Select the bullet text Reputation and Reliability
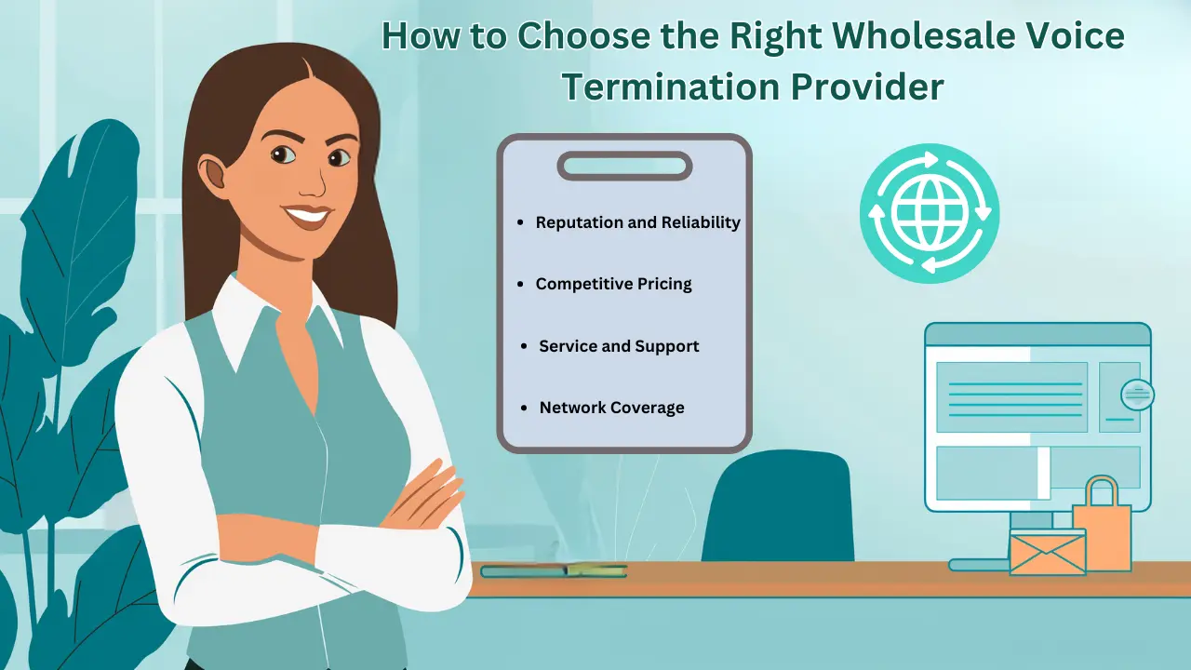click(637, 222)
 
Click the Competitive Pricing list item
click(613, 284)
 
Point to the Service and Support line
click(619, 346)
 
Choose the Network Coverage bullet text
click(611, 408)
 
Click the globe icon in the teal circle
click(929, 213)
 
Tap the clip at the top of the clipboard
click(624, 167)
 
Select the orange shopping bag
click(1103, 530)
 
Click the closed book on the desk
click(554, 570)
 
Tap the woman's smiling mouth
click(307, 218)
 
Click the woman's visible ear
click(213, 174)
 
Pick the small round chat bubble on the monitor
click(1137, 394)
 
